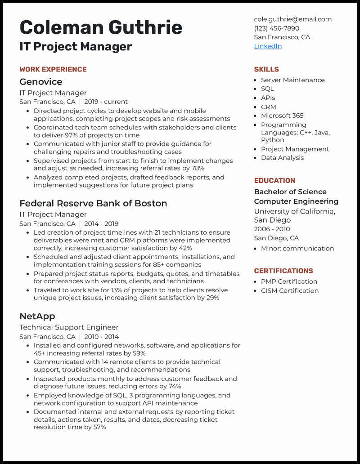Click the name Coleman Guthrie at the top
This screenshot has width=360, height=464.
(101, 27)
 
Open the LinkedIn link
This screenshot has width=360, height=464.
(268, 46)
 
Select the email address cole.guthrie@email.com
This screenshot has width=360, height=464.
(292, 19)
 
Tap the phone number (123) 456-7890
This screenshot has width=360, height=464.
(276, 28)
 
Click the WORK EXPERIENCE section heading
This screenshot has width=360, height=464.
(53, 69)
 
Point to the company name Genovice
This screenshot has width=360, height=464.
(41, 82)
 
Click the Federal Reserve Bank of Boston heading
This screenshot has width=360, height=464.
(93, 203)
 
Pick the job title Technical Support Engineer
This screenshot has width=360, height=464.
(69, 327)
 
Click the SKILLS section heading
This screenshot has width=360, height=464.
(266, 69)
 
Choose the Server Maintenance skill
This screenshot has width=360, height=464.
(292, 80)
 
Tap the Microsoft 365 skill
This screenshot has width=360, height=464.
(282, 116)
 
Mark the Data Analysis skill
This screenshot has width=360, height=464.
(282, 158)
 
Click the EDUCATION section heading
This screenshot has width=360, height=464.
(274, 181)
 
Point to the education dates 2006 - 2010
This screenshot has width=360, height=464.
(272, 229)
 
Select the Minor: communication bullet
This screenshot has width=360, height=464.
(297, 249)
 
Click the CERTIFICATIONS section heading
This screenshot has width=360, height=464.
(283, 271)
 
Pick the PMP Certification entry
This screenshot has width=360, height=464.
(289, 281)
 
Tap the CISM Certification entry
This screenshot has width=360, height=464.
(290, 290)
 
